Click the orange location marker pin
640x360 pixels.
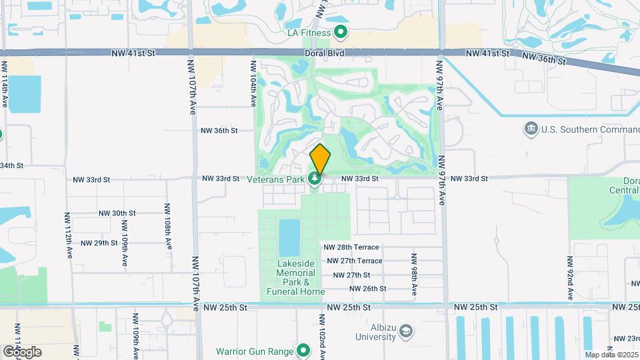click(320, 158)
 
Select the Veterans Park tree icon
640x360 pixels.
click(315, 179)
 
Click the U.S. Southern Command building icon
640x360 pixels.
click(531, 128)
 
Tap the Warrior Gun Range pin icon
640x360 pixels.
click(304, 350)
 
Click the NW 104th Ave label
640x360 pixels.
click(253, 84)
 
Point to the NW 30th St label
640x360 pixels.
click(117, 213)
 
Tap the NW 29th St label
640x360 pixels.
click(99, 243)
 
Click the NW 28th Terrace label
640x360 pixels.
click(351, 247)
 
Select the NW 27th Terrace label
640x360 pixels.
click(353, 261)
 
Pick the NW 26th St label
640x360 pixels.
click(368, 289)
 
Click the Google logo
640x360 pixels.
click(22, 351)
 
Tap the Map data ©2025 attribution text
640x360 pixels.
click(611, 355)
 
